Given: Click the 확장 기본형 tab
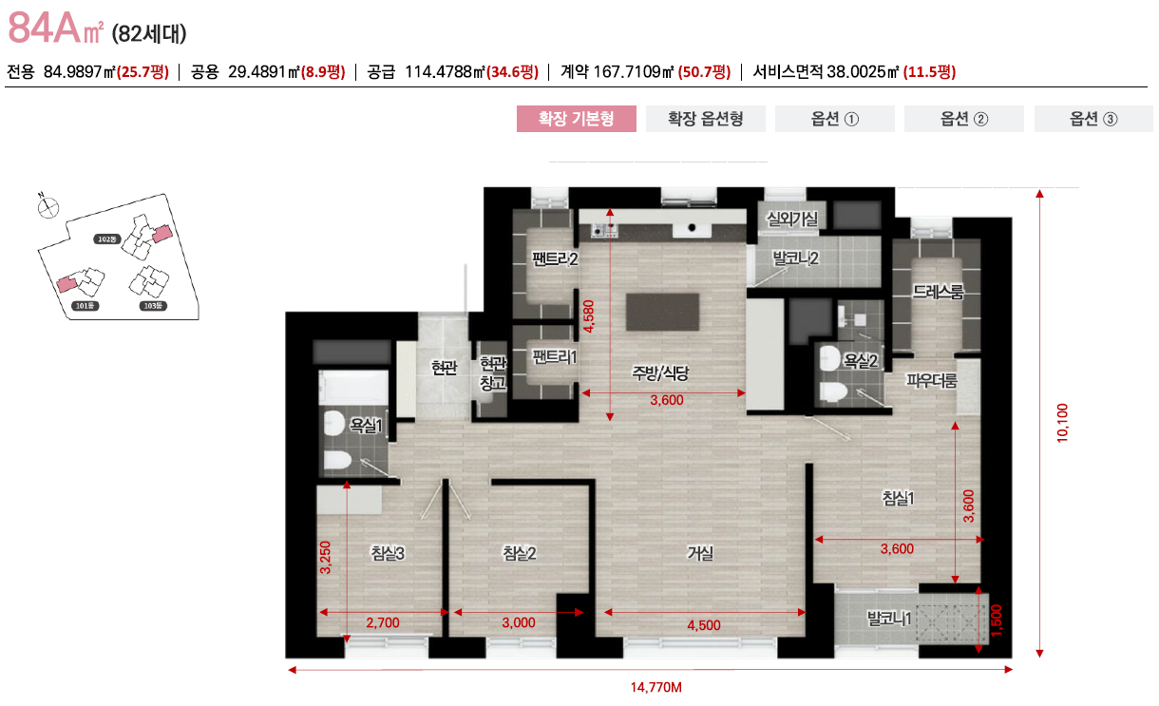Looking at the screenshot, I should click(576, 119).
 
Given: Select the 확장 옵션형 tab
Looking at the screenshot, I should click(705, 119).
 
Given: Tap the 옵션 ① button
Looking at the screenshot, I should click(835, 119).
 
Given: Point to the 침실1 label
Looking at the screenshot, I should click(898, 498).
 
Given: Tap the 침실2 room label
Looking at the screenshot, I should click(520, 553).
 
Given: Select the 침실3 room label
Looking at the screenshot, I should click(388, 553).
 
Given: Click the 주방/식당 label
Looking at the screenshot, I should click(660, 373).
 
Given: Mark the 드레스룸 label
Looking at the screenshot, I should click(938, 292).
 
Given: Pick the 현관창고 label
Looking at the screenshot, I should click(491, 373).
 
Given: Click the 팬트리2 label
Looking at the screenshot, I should click(555, 258).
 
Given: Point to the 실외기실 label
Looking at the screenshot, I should click(797, 219).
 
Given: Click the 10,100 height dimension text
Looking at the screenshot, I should click(1062, 422).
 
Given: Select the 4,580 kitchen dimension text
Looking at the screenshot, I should click(590, 315).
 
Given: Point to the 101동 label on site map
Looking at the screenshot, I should click(85, 306).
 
